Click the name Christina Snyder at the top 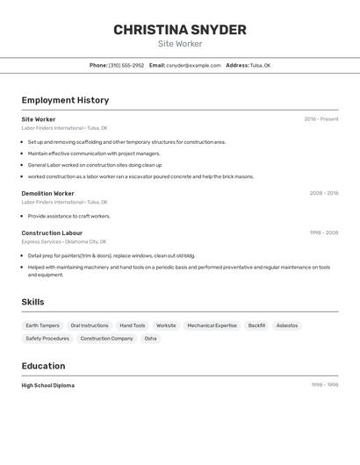tap(180, 30)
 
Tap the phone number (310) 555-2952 tap(126, 65)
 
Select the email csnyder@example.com tap(193, 65)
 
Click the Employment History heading tap(65, 100)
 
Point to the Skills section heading tap(32, 302)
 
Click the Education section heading tap(43, 366)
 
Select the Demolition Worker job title tap(47, 193)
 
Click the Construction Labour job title tap(52, 232)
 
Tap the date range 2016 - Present tap(320, 119)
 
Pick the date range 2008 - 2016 tap(323, 193)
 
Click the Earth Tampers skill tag tap(42, 325)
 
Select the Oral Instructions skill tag tap(90, 325)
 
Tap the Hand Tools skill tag tap(133, 325)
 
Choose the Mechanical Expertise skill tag tap(212, 325)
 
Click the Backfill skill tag tap(256, 325)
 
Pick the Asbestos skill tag tap(287, 325)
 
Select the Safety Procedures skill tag tap(47, 338)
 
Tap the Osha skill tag tap(150, 338)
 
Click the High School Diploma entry tap(48, 385)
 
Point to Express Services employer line tap(63, 241)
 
